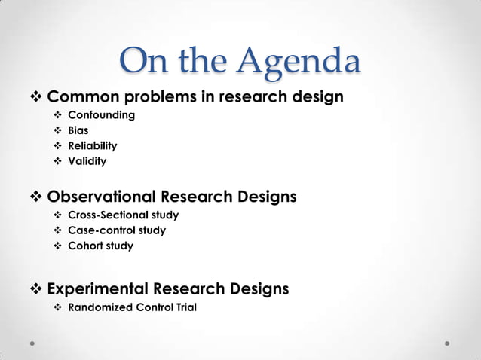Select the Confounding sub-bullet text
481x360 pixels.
(x=101, y=115)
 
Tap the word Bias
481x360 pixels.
(x=78, y=130)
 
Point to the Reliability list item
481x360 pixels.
(x=92, y=145)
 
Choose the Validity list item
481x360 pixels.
(x=87, y=161)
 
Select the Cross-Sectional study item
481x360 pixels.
(x=123, y=215)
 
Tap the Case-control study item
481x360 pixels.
(x=116, y=230)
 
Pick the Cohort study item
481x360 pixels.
(x=100, y=246)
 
